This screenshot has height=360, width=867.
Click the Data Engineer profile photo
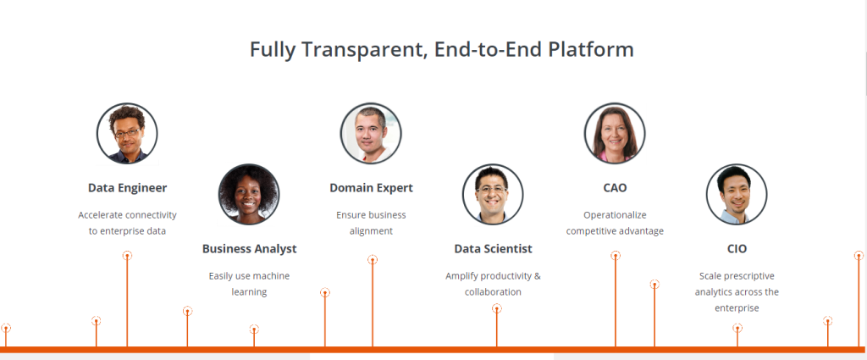click(127, 133)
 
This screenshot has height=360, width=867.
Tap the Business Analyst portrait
click(249, 194)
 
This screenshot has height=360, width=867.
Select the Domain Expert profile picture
click(371, 133)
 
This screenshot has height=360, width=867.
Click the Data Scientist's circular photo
click(493, 194)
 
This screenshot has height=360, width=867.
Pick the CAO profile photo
click(615, 133)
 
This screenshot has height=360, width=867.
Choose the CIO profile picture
click(737, 194)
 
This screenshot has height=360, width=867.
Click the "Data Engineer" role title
click(127, 188)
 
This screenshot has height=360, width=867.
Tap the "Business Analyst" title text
click(250, 249)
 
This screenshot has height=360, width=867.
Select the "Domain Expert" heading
click(371, 188)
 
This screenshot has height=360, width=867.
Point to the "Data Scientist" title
click(494, 249)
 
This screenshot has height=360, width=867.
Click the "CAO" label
click(615, 188)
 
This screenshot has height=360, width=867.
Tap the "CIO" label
click(737, 249)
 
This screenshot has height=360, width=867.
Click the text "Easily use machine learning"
click(249, 284)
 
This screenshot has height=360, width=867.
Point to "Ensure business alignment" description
click(371, 223)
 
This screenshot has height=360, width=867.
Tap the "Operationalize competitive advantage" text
click(615, 223)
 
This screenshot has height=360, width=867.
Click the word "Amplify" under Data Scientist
click(461, 276)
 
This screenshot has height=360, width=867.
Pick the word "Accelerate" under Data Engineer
click(101, 214)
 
